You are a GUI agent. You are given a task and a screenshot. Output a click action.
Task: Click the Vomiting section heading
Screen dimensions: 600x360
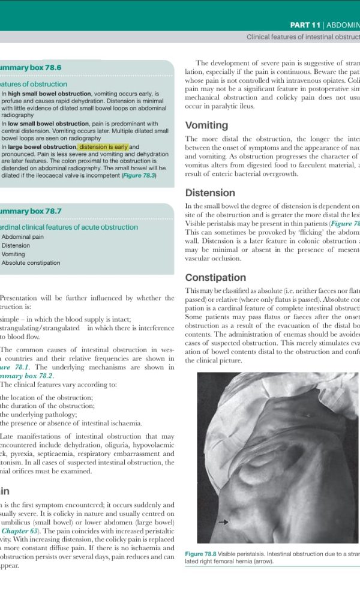coord(206,125)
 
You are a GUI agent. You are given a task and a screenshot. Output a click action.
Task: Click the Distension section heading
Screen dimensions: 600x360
coord(210,193)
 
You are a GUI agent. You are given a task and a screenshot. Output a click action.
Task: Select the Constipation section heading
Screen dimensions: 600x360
coord(215,278)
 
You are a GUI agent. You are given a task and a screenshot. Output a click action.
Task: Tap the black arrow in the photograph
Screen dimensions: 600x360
coord(223,523)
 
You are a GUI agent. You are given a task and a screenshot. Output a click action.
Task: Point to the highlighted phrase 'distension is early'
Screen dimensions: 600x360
coord(103,147)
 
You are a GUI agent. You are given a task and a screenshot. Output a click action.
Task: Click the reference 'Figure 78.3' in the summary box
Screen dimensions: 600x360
coord(139,176)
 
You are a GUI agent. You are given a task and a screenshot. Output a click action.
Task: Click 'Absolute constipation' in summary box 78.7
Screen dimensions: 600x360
coord(31,263)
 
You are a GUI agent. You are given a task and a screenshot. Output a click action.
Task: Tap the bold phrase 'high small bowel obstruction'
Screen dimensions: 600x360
coord(49,94)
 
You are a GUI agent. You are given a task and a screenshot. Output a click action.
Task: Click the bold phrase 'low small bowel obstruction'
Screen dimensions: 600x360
coord(48,124)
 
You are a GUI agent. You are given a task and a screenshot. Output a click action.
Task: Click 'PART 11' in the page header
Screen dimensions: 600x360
coord(305,25)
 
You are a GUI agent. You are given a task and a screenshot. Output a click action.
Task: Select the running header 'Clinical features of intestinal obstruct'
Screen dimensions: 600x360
coord(303,37)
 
